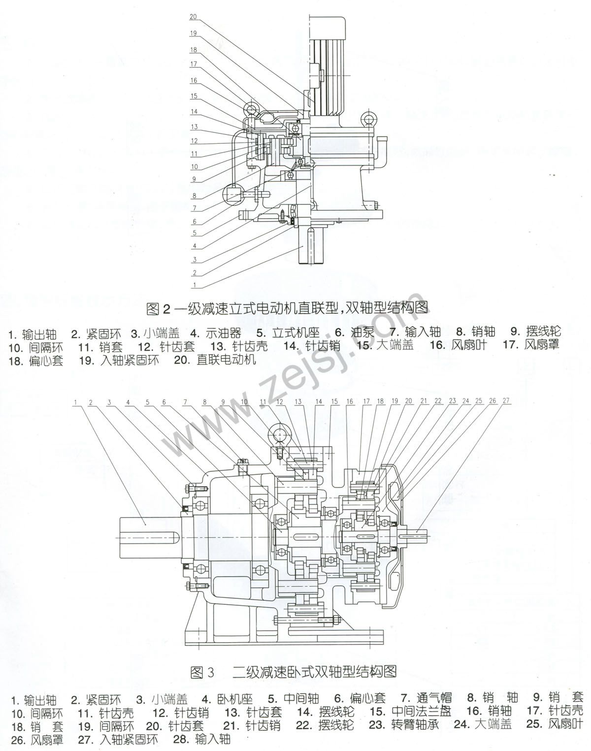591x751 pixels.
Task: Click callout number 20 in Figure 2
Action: pyautogui.click(x=194, y=17)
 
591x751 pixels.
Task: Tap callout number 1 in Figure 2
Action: pyautogui.click(x=195, y=285)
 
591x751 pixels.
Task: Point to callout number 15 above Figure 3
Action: pyautogui.click(x=334, y=401)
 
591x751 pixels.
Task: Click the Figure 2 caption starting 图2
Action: pyautogui.click(x=288, y=308)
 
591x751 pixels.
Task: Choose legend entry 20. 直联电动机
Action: pyautogui.click(x=215, y=359)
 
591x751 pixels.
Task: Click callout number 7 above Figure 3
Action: pyautogui.click(x=185, y=402)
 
